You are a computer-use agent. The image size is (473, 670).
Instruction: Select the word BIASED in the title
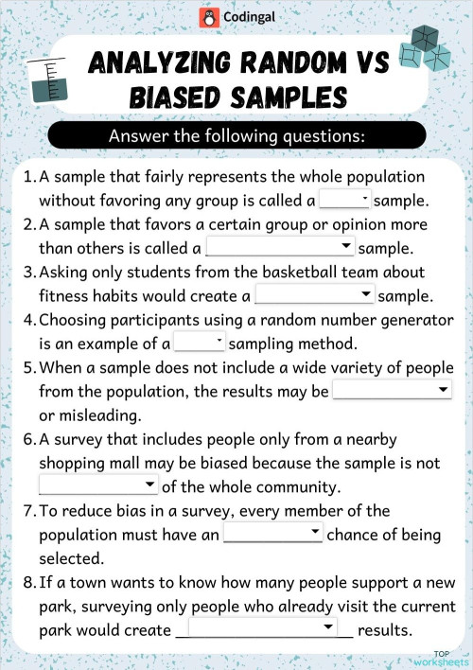[181, 97]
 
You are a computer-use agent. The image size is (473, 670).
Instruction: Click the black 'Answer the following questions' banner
[236, 135]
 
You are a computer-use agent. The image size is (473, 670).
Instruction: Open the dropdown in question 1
[345, 200]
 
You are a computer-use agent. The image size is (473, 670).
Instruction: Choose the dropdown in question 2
[280, 248]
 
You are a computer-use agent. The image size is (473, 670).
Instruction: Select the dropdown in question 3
[315, 295]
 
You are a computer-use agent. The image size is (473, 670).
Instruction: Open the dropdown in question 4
[200, 343]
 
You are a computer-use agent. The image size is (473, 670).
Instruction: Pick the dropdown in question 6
[98, 485]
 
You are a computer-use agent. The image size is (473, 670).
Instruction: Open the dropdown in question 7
[273, 533]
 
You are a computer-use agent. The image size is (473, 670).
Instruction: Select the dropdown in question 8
[263, 628]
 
